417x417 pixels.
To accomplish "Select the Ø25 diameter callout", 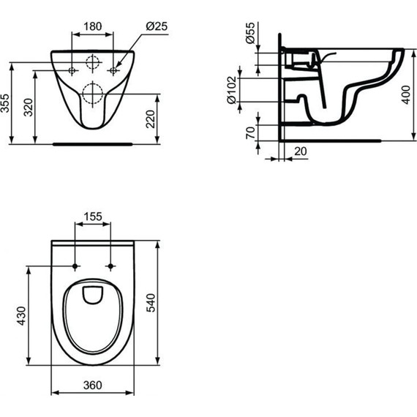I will tap(158, 27).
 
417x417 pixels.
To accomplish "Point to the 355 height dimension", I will tap(7, 104).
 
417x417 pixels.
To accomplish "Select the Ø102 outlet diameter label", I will tap(233, 89).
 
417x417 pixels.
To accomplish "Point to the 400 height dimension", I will tap(407, 95).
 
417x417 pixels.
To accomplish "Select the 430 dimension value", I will tap(22, 315).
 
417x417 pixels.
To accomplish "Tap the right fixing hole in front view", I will tap(113, 70).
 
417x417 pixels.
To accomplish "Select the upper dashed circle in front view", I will tap(93, 62).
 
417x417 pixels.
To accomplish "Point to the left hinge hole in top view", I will tap(77, 266).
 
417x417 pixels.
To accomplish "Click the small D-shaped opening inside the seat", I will tap(93, 294).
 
